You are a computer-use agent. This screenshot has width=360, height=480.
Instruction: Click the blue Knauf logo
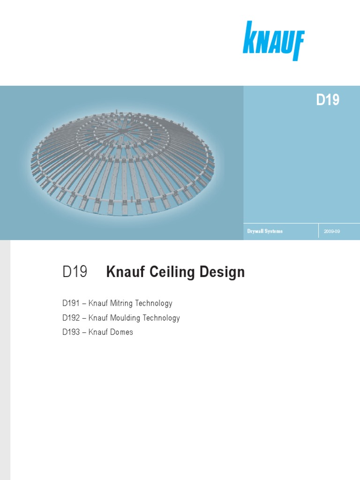pyautogui.click(x=273, y=40)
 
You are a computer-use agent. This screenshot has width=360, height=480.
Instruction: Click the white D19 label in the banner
pyautogui.click(x=327, y=100)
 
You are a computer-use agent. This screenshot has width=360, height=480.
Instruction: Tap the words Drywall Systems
pyautogui.click(x=265, y=232)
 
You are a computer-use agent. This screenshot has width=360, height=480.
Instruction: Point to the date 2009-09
pyautogui.click(x=331, y=232)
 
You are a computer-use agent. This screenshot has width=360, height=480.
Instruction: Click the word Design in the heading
pyautogui.click(x=222, y=272)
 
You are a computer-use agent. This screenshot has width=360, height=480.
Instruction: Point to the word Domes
pyautogui.click(x=122, y=332)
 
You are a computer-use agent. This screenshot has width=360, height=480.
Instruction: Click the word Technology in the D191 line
pyautogui.click(x=154, y=303)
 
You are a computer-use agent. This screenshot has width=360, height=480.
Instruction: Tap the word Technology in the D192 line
pyautogui.click(x=162, y=318)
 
